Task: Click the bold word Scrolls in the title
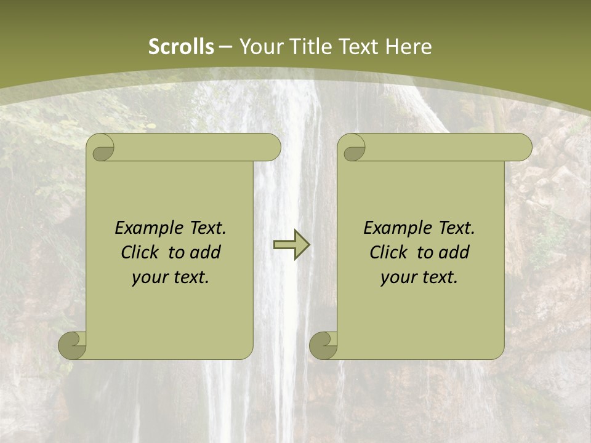coord(181,47)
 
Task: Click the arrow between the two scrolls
coord(292,245)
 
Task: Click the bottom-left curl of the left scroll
coord(73,346)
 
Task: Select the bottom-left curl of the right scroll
coord(323,346)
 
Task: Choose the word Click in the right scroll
coord(388,252)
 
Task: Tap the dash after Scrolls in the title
coord(226,47)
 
